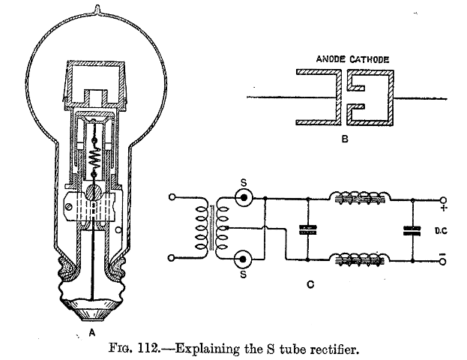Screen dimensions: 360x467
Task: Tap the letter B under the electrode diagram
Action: (343, 138)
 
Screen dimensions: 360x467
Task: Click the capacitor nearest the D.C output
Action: (410, 229)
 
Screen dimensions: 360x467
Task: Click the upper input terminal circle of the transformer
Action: (173, 199)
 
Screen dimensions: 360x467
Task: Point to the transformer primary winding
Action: (200, 228)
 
